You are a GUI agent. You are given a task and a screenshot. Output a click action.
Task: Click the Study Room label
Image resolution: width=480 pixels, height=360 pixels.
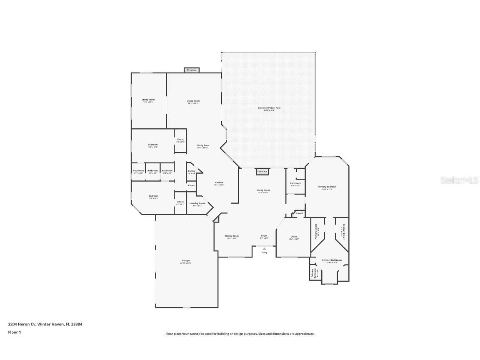click(x=148, y=100)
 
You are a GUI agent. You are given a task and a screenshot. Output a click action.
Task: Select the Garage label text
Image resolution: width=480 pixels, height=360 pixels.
click(x=185, y=261)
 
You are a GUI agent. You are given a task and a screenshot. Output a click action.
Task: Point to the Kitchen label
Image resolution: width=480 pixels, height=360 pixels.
click(x=219, y=182)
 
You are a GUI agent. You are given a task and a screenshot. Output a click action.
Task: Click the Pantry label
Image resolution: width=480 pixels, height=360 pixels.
click(x=191, y=171)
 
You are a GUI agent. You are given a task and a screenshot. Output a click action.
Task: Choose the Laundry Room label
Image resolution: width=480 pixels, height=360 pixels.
click(x=197, y=203)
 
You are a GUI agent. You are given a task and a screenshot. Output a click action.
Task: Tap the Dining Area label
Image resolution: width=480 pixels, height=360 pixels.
click(x=202, y=145)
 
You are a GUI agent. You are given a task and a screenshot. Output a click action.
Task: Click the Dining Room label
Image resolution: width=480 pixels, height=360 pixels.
click(x=232, y=236)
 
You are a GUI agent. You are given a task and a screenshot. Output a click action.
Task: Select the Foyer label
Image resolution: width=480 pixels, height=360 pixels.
click(x=264, y=236)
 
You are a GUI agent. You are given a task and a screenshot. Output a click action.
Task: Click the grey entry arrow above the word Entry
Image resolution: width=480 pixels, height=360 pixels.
click(x=264, y=249)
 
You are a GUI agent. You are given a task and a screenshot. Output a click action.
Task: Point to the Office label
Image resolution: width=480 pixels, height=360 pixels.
click(x=294, y=237)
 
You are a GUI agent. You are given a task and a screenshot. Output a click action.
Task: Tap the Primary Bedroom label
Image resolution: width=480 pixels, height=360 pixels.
click(x=327, y=187)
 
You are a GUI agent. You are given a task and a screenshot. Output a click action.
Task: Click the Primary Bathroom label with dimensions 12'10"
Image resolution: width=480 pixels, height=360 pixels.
click(x=332, y=260)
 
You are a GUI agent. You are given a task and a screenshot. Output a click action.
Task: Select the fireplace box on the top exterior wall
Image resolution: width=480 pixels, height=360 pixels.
click(x=192, y=70)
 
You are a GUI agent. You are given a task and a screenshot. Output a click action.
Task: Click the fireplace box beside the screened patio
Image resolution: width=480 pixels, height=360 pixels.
click(x=262, y=171)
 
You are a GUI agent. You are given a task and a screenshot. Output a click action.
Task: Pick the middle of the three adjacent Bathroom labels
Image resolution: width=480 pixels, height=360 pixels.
click(x=152, y=170)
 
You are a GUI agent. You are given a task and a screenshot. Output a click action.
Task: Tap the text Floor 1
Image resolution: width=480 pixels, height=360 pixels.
click(x=14, y=332)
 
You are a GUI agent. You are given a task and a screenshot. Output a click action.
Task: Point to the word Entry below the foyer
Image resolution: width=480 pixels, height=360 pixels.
click(x=264, y=252)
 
